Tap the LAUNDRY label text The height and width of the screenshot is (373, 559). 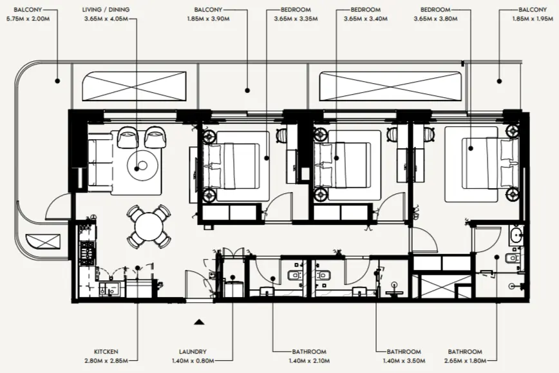point(193,352)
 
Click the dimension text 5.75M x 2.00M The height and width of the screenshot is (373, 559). point(27,19)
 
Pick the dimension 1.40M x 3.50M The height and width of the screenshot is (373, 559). point(404,360)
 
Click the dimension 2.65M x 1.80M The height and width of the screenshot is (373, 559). point(465,360)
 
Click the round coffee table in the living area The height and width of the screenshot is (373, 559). point(142,164)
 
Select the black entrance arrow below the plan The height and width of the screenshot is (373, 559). point(200,320)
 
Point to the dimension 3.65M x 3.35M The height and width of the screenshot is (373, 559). point(298,19)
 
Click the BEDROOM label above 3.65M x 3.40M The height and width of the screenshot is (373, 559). point(366,10)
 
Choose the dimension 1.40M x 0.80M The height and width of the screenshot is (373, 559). point(193,360)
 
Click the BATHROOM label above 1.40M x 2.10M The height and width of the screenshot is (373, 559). point(309,352)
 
